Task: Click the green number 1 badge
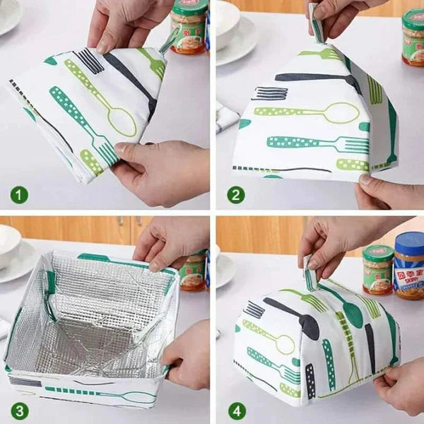click(19, 193)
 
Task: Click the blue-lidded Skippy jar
click(408, 265)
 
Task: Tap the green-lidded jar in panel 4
click(377, 269)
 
